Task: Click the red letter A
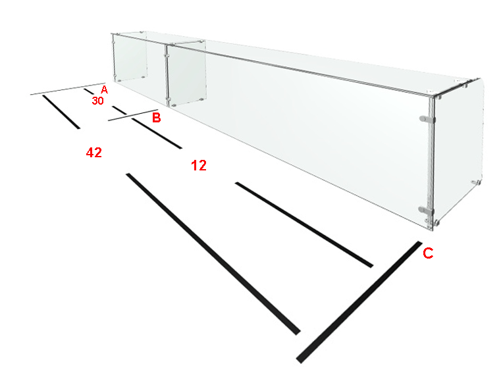pos(104,89)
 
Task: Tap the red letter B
pos(156,118)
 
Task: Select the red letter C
pos(428,253)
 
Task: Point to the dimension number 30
pos(98,101)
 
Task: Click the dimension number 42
pos(94,153)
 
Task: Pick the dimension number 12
pos(199,165)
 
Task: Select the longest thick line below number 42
pos(213,254)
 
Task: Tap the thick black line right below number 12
pos(304,225)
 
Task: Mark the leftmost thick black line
pos(61,112)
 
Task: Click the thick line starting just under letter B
pos(157,133)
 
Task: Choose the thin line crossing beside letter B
pos(133,115)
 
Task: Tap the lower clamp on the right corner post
pos(426,211)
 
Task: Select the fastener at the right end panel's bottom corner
pos(476,183)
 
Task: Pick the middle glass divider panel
pos(186,74)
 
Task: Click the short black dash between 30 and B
pos(120,110)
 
